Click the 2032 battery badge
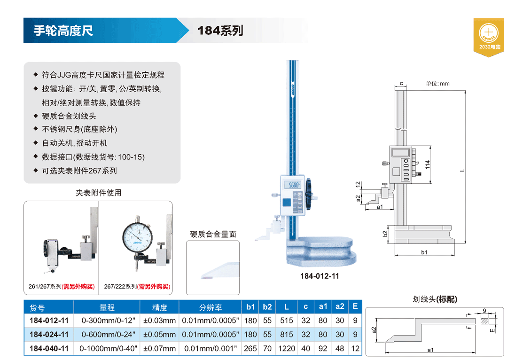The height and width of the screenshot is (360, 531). click(488, 37)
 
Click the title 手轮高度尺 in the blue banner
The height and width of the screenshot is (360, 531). click(63, 31)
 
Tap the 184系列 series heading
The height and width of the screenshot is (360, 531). click(220, 31)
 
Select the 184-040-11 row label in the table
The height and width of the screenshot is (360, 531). click(49, 349)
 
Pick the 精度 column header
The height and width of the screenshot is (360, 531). click(159, 307)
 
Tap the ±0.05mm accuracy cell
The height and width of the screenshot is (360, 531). click(159, 335)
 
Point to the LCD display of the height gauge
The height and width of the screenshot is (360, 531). click(294, 185)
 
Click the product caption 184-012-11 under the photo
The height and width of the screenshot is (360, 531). click(319, 276)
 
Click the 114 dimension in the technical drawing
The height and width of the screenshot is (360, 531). click(427, 165)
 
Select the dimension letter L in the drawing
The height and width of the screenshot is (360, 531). click(462, 170)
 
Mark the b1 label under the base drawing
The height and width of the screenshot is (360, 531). click(424, 252)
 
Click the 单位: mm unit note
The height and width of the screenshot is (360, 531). click(437, 84)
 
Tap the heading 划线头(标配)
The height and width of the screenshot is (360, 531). click(434, 299)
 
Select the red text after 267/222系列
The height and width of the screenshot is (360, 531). click(154, 286)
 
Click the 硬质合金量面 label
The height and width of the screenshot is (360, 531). click(213, 234)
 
